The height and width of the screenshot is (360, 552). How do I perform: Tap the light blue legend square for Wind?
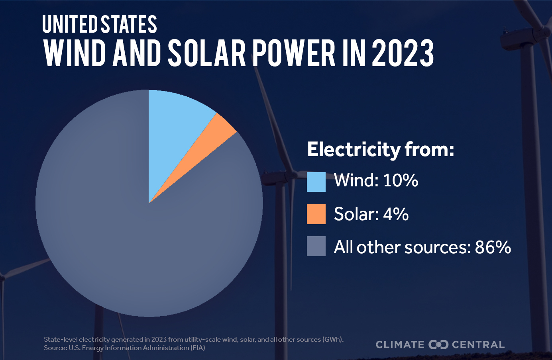(316, 182)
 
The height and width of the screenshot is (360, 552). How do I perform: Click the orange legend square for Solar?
(316, 214)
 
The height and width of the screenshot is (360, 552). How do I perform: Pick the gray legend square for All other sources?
(316, 246)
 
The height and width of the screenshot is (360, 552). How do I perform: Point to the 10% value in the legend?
(401, 180)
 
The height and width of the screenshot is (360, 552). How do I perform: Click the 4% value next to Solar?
(396, 214)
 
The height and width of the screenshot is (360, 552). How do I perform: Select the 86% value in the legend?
(493, 247)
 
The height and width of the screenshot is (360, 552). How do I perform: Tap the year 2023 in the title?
(403, 53)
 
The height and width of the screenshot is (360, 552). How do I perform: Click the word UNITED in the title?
(70, 24)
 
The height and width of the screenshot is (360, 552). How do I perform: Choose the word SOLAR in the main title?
(206, 53)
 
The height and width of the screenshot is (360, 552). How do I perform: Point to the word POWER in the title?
(294, 53)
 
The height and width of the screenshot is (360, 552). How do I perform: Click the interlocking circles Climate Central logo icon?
(438, 344)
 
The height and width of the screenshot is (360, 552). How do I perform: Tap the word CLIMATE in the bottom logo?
(400, 345)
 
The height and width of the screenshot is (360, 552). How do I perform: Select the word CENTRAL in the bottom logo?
(478, 345)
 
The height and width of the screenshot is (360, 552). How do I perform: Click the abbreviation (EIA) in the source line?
(197, 348)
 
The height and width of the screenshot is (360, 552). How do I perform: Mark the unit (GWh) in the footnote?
(333, 340)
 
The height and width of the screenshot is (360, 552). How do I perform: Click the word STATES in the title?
(129, 24)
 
